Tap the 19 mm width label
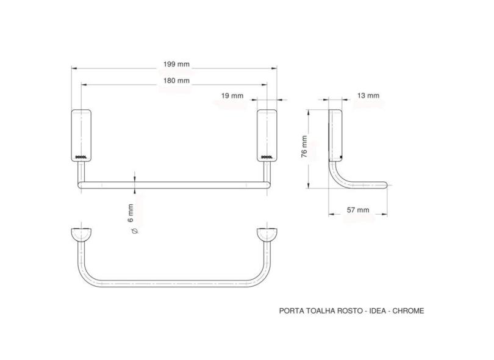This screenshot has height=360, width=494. pyautogui.click(x=233, y=96)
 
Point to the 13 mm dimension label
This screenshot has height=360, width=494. pyautogui.click(x=368, y=95)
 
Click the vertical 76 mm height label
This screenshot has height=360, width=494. pyautogui.click(x=304, y=147)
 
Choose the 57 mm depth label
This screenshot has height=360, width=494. pyautogui.click(x=357, y=210)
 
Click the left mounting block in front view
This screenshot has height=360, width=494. pyautogui.click(x=82, y=135)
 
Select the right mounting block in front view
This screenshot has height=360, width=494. pyautogui.click(x=267, y=135)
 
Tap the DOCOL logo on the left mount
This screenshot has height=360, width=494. pyautogui.click(x=82, y=156)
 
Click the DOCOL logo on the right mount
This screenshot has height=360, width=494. pyautogui.click(x=267, y=156)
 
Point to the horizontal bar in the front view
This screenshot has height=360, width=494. pyautogui.click(x=174, y=184)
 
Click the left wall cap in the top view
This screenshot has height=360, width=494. pyautogui.click(x=82, y=234)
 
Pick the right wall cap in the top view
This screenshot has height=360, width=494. pyautogui.click(x=267, y=234)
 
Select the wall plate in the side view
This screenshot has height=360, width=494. pyautogui.click(x=335, y=134)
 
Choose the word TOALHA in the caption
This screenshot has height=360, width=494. pyautogui.click(x=316, y=311)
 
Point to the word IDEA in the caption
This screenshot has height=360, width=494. pyautogui.click(x=372, y=311)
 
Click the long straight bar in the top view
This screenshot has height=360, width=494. pyautogui.click(x=174, y=284)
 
